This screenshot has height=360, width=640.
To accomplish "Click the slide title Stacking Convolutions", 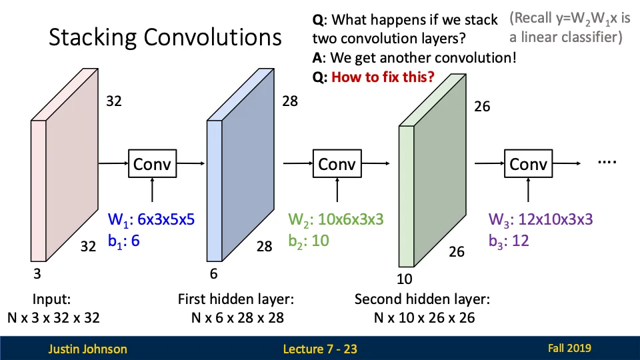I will pyautogui.click(x=165, y=37).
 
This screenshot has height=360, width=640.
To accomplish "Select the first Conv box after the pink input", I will pyautogui.click(x=153, y=163).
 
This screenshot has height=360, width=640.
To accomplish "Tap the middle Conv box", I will pyautogui.click(x=337, y=163).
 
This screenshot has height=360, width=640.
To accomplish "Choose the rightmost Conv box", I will pyautogui.click(x=528, y=163).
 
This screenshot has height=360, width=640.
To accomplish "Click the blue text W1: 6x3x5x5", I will pyautogui.click(x=151, y=219).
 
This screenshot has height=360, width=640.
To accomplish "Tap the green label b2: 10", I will pyautogui.click(x=309, y=241).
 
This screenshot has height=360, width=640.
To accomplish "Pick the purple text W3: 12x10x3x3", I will pyautogui.click(x=541, y=219).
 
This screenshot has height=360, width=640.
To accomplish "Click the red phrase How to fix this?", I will pyautogui.click(x=383, y=77).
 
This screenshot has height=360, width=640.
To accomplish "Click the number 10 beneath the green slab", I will pyautogui.click(x=405, y=279).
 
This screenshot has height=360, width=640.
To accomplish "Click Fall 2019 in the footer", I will pyautogui.click(x=569, y=347).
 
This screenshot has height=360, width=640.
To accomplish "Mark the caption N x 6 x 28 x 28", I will pyautogui.click(x=237, y=317).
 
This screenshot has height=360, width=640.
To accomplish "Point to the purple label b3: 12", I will pyautogui.click(x=509, y=241).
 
